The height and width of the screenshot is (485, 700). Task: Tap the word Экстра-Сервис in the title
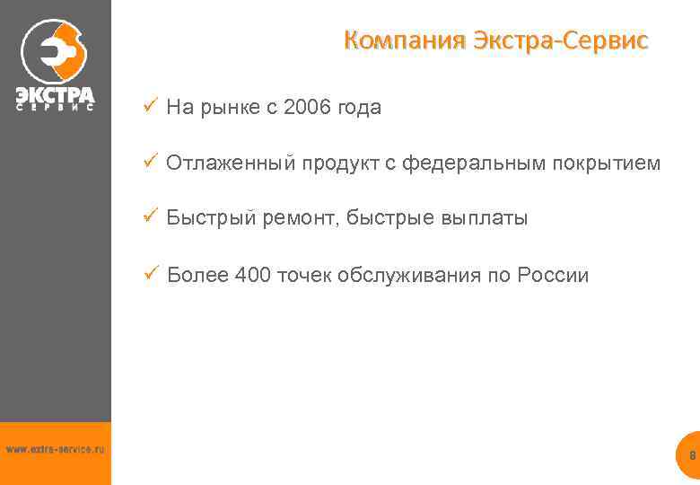[560, 40]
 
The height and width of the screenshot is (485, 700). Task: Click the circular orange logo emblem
[55, 50]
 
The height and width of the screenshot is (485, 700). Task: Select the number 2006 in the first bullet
[307, 108]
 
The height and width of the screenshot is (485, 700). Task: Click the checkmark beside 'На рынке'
[150, 107]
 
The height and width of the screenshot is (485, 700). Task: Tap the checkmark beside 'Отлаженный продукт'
[150, 163]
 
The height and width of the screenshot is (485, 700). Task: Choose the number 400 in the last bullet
[252, 275]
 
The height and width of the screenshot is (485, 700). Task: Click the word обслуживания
[408, 275]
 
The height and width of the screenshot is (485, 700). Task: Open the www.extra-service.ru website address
[55, 448]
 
